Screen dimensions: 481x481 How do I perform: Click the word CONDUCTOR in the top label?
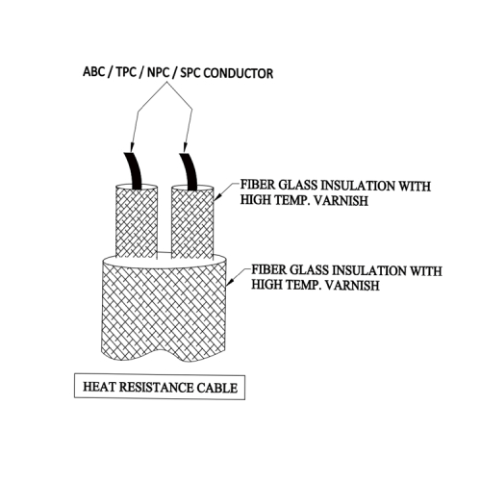(x=239, y=73)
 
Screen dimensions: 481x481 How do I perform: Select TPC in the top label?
(x=126, y=72)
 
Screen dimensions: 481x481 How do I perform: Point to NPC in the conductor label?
(x=158, y=72)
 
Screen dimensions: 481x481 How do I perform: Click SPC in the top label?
(x=190, y=73)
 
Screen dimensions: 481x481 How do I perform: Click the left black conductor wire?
(x=134, y=170)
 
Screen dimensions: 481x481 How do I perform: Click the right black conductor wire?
(x=190, y=171)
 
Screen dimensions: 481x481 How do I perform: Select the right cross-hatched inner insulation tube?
(x=192, y=222)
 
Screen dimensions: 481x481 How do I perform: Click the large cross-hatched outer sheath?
(x=165, y=311)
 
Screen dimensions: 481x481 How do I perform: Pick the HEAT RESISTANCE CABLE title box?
(x=160, y=387)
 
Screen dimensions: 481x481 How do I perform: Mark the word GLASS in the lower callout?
(x=309, y=270)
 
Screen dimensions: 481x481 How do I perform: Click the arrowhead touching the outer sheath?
(x=230, y=280)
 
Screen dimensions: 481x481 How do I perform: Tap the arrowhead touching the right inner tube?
(x=217, y=196)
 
